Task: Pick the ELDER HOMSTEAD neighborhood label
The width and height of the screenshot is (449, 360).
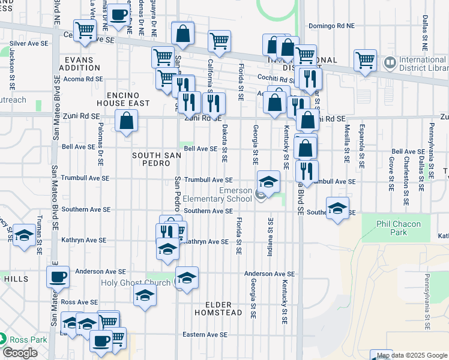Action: (x=218, y=308)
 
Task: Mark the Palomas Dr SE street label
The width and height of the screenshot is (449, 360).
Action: (x=100, y=146)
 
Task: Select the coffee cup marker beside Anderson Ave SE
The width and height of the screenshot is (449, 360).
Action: (x=58, y=277)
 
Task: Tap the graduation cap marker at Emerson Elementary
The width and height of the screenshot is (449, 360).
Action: (x=268, y=181)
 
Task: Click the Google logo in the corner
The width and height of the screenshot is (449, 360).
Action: (x=20, y=353)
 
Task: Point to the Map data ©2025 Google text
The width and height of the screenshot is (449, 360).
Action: (x=412, y=356)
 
